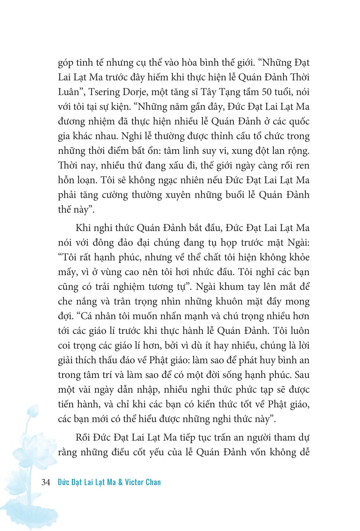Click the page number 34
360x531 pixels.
tap(46, 482)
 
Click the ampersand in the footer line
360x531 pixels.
tap(120, 482)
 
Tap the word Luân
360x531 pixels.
tap(69, 92)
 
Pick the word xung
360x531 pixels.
tap(235, 151)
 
